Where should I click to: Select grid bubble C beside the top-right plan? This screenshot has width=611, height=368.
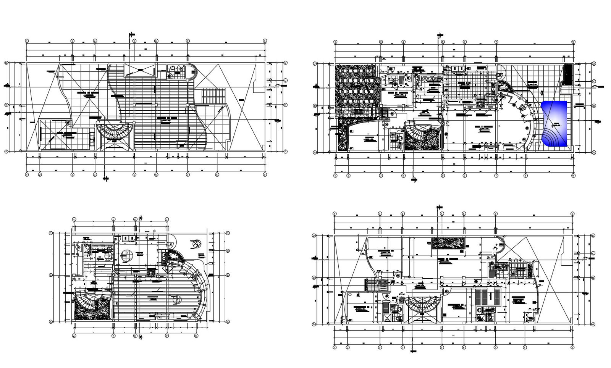(x=594, y=81)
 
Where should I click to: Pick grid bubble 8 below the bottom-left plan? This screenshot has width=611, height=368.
(x=196, y=336)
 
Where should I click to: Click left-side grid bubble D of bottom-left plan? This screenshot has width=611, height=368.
(x=51, y=233)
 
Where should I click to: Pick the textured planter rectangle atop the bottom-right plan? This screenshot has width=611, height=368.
(x=448, y=243)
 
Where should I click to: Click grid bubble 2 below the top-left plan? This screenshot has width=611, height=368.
(x=40, y=175)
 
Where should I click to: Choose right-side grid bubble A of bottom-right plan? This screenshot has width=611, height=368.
(x=593, y=324)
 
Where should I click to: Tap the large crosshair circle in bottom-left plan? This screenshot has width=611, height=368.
(x=126, y=256)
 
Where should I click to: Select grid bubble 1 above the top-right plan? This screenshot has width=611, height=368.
(x=335, y=42)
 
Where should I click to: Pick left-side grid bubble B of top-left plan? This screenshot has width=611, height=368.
(x=6, y=105)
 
